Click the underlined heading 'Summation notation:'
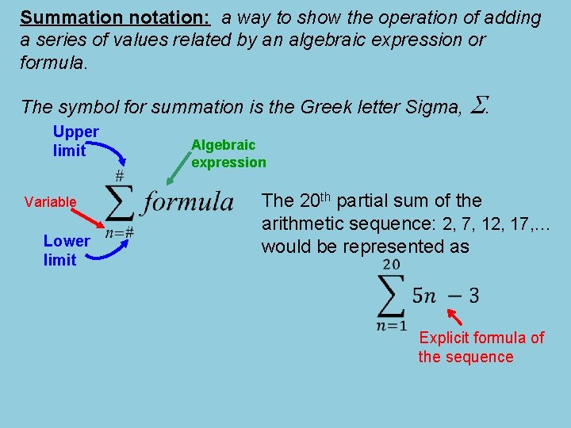point(115,18)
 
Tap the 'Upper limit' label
point(75,140)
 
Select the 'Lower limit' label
point(67,250)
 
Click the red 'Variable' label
point(50,202)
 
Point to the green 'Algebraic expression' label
point(228,153)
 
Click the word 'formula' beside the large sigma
point(188,201)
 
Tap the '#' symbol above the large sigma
point(120,174)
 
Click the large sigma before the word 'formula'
point(119,204)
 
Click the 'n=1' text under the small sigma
point(392,325)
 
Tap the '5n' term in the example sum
point(424,296)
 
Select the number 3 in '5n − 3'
point(473,296)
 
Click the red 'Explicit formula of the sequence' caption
point(481,347)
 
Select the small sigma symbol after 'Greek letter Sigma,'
point(478,104)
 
